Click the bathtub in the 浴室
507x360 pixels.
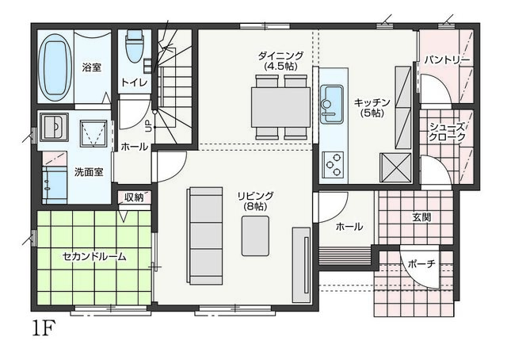55,67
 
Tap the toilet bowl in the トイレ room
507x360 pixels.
134,46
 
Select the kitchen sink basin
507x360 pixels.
331,104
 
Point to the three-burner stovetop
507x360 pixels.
333,164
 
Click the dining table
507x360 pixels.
280,107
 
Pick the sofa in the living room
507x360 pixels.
205,236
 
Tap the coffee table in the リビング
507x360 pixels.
255,236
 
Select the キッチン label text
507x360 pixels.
372,108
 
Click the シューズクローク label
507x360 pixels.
447,132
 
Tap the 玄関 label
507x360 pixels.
421,217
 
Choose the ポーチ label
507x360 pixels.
421,264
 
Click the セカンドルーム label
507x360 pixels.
94,257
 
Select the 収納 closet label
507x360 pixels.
134,197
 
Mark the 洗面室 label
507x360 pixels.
89,172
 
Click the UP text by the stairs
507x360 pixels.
148,126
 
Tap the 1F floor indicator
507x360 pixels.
44,328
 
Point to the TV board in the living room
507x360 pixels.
301,265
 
